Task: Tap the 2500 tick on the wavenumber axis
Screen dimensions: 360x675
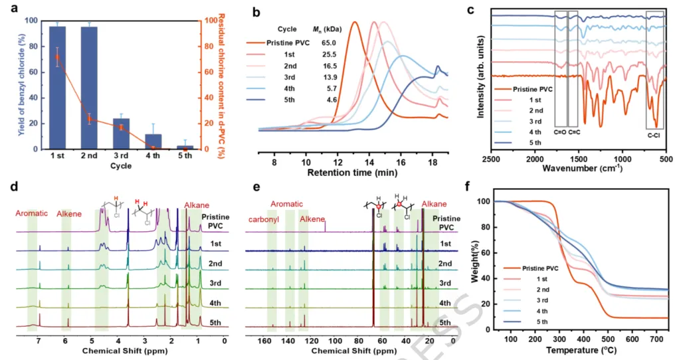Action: (x=491, y=161)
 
